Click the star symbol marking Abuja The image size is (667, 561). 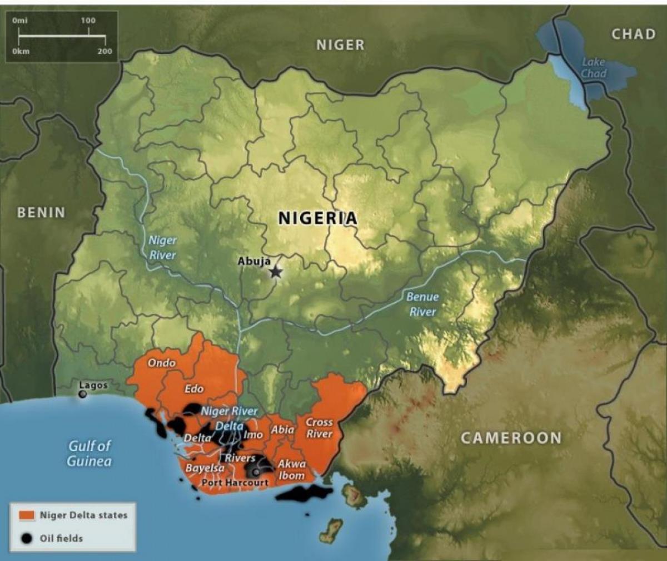coord(276,272)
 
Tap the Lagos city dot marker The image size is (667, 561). coord(83,394)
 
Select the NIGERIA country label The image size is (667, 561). coord(317,218)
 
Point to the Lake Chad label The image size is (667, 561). coord(594,68)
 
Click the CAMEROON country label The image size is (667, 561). coord(511,438)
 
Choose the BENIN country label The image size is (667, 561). coord(41,212)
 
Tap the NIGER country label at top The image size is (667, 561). coord(340,45)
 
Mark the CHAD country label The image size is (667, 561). coord(633,34)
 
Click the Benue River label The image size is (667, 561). coord(422,304)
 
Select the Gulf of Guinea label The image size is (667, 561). coord(89,453)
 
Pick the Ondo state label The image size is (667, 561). coord(162,363)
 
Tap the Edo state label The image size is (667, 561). coord(193,388)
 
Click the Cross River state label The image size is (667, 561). coord(319,428)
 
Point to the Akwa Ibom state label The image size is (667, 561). coord(291,469)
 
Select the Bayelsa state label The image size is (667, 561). coord(205,467)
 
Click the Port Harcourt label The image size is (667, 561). coord(235,483)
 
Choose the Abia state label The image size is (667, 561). coord(282,430)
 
